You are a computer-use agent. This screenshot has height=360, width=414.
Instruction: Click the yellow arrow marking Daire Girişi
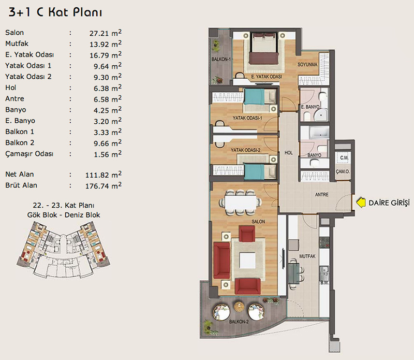(x=361, y=203)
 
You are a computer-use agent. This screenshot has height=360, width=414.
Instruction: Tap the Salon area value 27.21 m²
(x=106, y=33)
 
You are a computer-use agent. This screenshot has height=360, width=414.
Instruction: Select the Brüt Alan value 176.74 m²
(x=103, y=185)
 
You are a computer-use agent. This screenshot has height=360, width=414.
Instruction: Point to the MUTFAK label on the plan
(x=307, y=256)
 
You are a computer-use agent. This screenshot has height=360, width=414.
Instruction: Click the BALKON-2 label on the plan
(x=239, y=322)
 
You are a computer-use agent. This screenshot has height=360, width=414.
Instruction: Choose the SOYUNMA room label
(x=307, y=65)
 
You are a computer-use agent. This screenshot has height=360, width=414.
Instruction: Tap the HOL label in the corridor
(x=288, y=153)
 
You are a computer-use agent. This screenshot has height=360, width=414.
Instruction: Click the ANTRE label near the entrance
(x=321, y=195)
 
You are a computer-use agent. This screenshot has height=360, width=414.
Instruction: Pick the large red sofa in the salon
(x=222, y=260)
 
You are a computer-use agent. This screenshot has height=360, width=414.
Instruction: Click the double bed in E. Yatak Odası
(x=264, y=48)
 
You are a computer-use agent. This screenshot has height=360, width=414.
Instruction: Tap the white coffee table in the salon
(x=247, y=261)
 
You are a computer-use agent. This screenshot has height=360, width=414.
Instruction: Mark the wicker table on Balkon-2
(x=239, y=307)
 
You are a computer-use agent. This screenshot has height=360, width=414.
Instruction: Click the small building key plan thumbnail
(x=63, y=250)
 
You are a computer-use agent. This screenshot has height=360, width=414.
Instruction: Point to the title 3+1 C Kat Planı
(x=55, y=12)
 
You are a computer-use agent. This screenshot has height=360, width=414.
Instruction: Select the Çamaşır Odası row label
(x=29, y=154)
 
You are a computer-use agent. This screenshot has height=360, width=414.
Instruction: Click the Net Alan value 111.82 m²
(x=103, y=175)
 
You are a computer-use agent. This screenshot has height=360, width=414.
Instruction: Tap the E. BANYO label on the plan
(x=310, y=107)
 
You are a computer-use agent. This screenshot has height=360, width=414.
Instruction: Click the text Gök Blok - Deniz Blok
(x=64, y=215)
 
